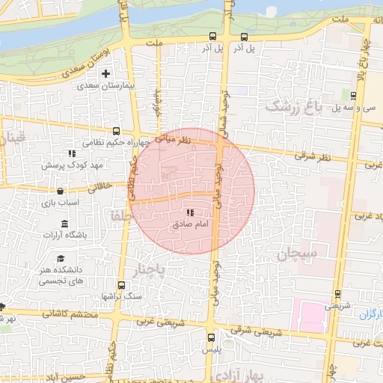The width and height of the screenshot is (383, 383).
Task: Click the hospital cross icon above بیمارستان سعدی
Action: [105, 74]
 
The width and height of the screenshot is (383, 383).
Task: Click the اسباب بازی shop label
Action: [54, 203]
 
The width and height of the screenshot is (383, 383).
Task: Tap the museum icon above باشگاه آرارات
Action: [64, 224]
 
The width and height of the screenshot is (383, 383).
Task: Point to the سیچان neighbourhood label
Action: [299, 256]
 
